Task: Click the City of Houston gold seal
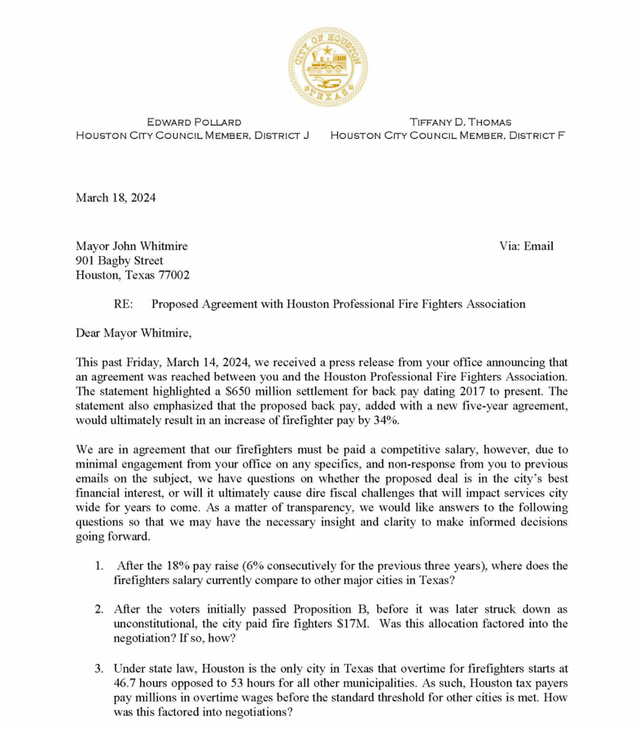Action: pyautogui.click(x=328, y=67)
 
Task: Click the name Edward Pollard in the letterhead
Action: pyautogui.click(x=194, y=122)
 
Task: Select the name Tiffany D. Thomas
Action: pyautogui.click(x=460, y=122)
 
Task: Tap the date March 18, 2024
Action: pyautogui.click(x=115, y=198)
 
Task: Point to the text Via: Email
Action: pyautogui.click(x=526, y=246)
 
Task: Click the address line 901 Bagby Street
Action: pyautogui.click(x=119, y=261)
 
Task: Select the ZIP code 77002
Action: pyautogui.click(x=174, y=275)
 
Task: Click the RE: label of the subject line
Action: pyautogui.click(x=123, y=304)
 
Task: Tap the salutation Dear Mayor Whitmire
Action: pyautogui.click(x=133, y=333)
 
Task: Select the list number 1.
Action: pyautogui.click(x=99, y=566)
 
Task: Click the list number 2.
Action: pyautogui.click(x=99, y=609)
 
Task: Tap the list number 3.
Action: pyautogui.click(x=99, y=669)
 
